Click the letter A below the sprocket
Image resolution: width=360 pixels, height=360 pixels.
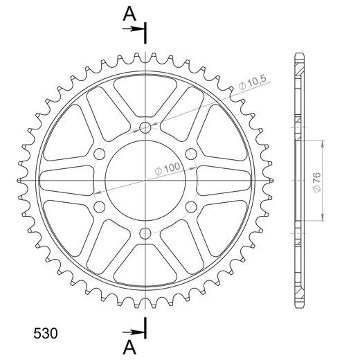129,345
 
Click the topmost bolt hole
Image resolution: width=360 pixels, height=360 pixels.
145,127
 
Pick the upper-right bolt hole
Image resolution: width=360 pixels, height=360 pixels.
191,154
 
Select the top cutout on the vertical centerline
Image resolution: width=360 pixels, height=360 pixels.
145,90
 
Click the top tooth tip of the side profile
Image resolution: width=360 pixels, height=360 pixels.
298,55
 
